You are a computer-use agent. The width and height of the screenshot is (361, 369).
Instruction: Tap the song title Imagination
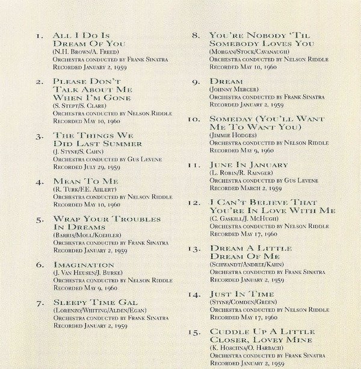84,264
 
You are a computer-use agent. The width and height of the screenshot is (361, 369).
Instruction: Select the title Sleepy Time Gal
95,302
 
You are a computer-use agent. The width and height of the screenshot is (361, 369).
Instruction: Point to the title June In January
248,164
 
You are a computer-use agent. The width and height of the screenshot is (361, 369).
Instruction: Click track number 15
193,332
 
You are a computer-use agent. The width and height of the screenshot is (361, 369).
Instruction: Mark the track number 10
193,119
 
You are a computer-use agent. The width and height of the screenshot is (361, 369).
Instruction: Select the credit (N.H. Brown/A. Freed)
85,52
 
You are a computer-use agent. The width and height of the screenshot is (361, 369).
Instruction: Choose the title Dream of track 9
226,81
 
